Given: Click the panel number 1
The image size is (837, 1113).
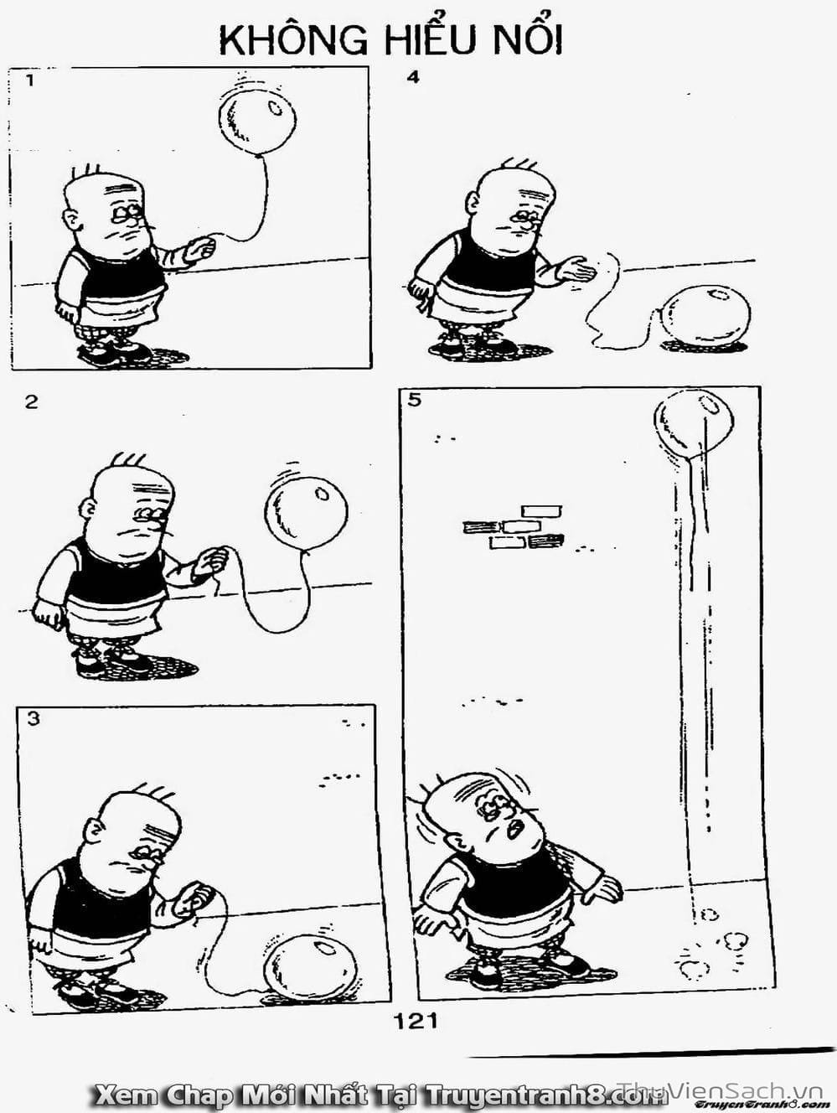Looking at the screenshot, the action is coord(30,80).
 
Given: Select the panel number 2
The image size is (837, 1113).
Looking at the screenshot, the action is coord(31,402).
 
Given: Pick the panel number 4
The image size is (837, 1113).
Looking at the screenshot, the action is coord(413,78).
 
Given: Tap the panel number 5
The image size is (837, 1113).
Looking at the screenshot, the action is coord(414,400).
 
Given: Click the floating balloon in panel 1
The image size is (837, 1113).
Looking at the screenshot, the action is coord(257,121).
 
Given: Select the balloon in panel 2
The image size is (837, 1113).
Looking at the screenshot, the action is coord(306,512).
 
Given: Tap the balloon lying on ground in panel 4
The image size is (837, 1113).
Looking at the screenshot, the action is coord(706,317).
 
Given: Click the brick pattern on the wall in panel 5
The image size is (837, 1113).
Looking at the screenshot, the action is coord(514,527).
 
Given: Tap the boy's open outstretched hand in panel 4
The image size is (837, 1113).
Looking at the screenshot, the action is coord(576,270).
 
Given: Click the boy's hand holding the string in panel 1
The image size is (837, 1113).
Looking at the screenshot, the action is coord(200,250).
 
